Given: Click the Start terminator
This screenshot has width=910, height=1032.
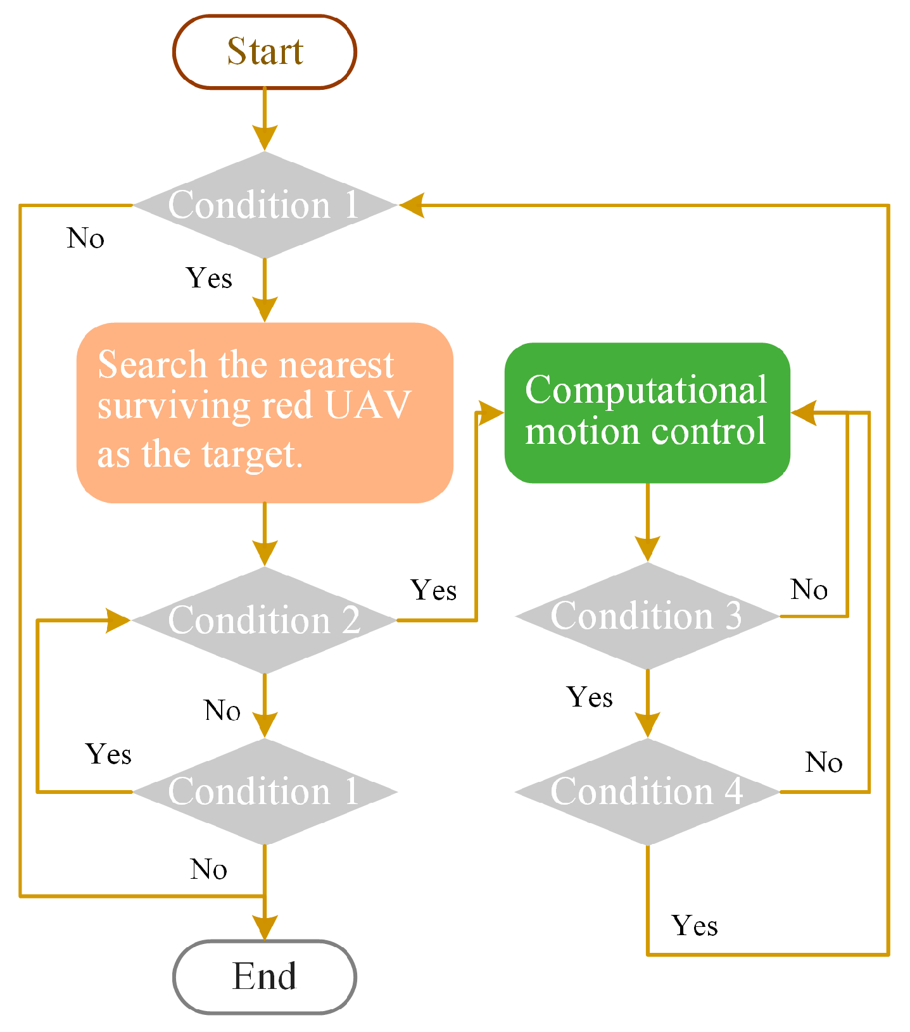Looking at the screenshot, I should pyautogui.click(x=265, y=52).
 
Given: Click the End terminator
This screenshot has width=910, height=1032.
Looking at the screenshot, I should pyautogui.click(x=265, y=976).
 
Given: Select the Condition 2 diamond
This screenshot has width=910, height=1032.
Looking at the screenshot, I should pyautogui.click(x=265, y=620).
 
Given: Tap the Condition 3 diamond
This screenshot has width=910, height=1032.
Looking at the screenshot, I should pyautogui.click(x=647, y=616).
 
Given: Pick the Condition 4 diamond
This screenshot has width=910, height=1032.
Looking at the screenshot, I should pyautogui.click(x=647, y=791).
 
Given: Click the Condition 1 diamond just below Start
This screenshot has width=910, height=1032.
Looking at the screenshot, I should pyautogui.click(x=265, y=205).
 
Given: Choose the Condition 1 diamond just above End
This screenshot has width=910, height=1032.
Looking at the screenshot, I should pyautogui.click(x=265, y=791).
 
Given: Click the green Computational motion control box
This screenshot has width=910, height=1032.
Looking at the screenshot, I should pyautogui.click(x=647, y=413).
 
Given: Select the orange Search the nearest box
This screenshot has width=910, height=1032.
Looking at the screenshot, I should pyautogui.click(x=265, y=413).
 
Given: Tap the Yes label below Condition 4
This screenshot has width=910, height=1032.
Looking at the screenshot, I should pyautogui.click(x=695, y=926).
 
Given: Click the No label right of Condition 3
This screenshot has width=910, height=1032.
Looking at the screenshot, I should pyautogui.click(x=809, y=589).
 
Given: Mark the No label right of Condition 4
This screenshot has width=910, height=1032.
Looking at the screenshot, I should pyautogui.click(x=823, y=762).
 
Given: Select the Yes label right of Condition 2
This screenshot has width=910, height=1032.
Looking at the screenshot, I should pyautogui.click(x=434, y=590).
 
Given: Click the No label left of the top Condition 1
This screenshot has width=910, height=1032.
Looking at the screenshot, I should pyautogui.click(x=85, y=239).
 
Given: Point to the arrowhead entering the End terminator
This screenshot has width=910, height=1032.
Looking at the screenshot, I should pyautogui.click(x=265, y=928).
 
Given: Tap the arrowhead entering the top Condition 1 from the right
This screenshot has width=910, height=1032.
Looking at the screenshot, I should pyautogui.click(x=412, y=205).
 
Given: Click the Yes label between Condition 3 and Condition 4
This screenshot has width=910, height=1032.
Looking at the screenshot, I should pyautogui.click(x=590, y=697).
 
